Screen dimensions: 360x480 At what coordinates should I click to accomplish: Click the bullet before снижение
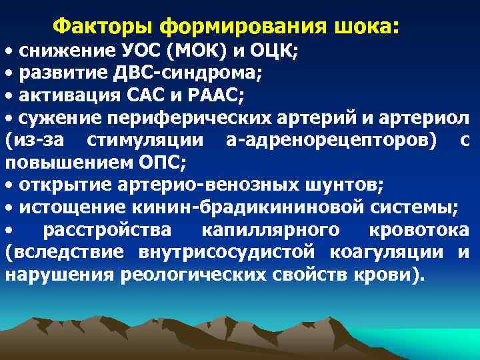[9, 52]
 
